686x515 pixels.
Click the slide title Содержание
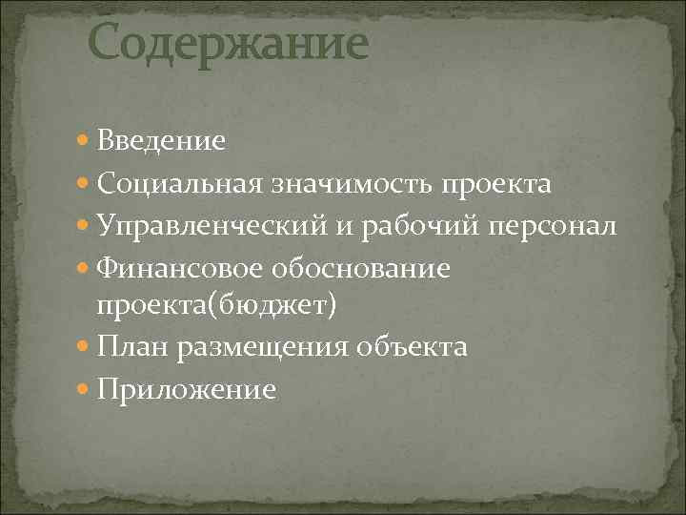(228, 44)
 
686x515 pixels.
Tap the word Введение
(160, 142)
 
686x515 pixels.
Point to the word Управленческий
(196, 227)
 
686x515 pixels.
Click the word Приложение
(186, 390)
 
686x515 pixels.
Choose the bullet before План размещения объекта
(83, 347)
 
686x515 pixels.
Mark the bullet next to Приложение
(83, 390)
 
